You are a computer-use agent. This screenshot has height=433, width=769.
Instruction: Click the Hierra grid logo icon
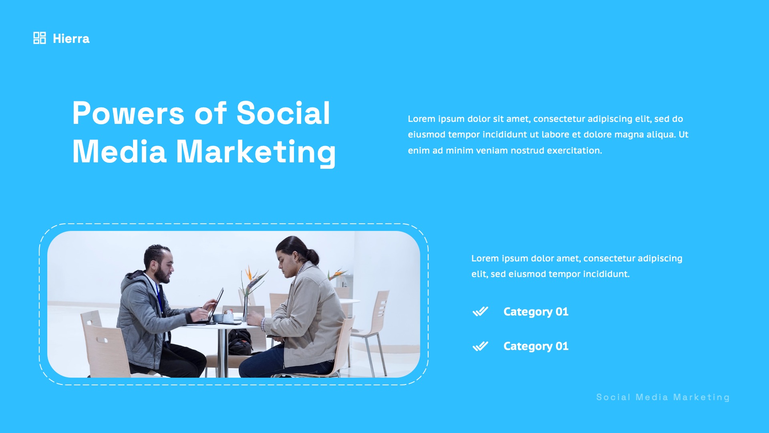coord(39,38)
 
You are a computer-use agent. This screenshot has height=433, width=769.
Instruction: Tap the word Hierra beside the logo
coord(71,39)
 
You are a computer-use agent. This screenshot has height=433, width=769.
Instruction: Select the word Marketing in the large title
coord(256,152)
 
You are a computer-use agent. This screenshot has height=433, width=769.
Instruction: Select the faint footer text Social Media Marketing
coord(663,397)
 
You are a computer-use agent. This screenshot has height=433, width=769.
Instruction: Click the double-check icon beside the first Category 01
coord(480,312)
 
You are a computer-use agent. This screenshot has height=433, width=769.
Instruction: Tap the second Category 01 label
coord(535,346)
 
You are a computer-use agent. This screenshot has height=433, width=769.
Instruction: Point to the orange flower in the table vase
coord(249,273)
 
